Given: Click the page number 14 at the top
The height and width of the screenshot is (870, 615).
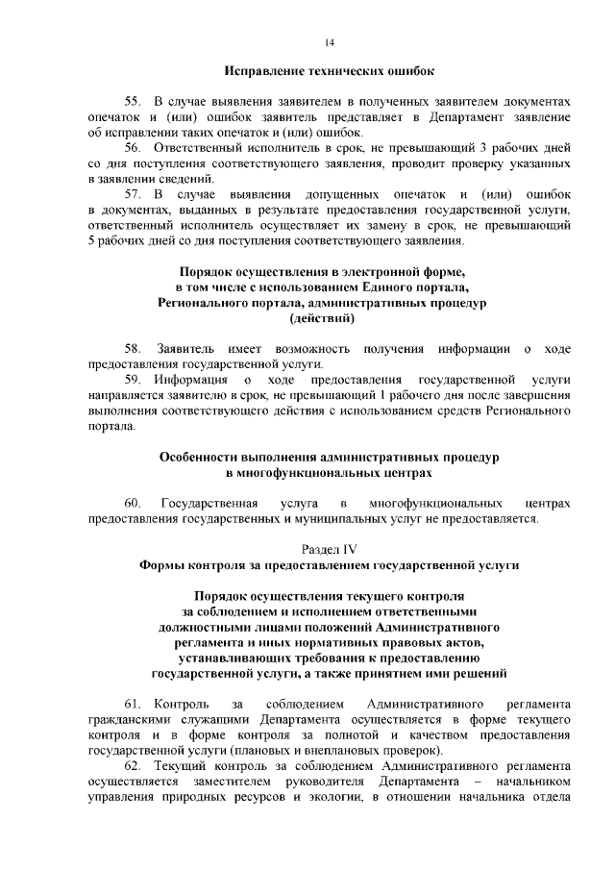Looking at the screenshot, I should click(330, 42).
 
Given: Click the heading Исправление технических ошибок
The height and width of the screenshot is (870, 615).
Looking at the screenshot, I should click(330, 71).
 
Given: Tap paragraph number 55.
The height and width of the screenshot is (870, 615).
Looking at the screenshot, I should click(133, 101).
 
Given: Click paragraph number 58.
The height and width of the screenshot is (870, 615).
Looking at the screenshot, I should click(133, 348).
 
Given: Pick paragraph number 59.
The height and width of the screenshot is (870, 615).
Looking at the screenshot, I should click(133, 380).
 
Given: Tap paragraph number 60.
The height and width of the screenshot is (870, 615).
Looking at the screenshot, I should click(133, 504).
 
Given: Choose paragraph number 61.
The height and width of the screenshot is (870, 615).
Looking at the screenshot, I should click(133, 705).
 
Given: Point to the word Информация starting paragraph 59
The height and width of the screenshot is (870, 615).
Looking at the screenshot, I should click(192, 380).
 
